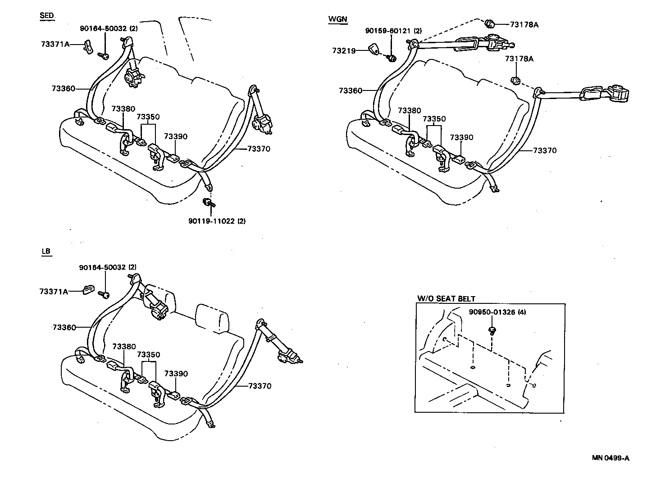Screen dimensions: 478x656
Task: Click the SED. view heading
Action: [x=47, y=16]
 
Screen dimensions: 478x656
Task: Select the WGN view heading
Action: [x=338, y=19]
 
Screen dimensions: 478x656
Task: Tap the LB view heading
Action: [x=46, y=252]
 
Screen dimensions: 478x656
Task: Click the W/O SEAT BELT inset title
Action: [x=446, y=298]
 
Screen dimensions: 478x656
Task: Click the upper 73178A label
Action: [x=524, y=24]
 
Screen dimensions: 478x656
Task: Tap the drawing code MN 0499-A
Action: [x=610, y=458]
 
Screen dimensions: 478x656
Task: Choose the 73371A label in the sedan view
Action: [x=55, y=44]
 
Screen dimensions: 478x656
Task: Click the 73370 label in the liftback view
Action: [x=260, y=386]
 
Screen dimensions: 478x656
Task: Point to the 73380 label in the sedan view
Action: [x=123, y=109]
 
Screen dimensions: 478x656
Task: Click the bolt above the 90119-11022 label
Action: [x=208, y=203]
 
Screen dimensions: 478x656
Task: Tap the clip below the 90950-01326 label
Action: [x=492, y=331]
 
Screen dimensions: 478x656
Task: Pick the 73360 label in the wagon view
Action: [x=351, y=91]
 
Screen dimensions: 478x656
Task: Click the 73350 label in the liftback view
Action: [x=148, y=355]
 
